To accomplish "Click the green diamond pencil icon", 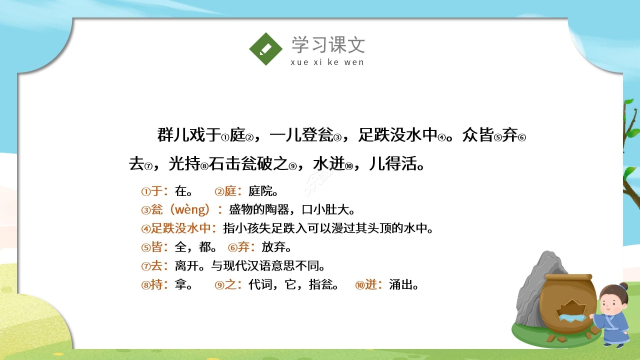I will pos(266,49).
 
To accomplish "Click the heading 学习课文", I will pos(328,45).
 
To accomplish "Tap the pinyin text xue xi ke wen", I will pos(327,62).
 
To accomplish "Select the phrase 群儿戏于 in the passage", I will pos(189,135).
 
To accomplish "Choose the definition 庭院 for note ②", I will pos(263,191).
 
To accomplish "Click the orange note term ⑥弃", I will pos(242,247).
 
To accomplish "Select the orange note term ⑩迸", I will pos(368,285).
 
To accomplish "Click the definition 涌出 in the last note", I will pos(403,285).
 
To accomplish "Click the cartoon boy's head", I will pos(613,297).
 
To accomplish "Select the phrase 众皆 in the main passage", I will pos(478,135).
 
